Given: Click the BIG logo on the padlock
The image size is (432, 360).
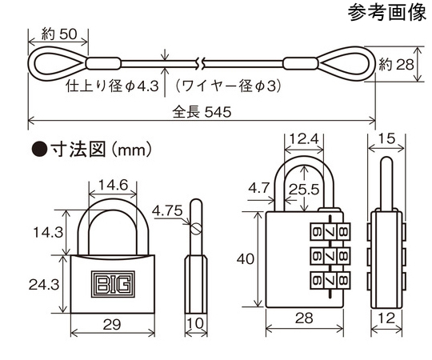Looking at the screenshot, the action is tap(113, 284).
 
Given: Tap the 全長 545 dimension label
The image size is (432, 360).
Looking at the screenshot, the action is tap(202, 112).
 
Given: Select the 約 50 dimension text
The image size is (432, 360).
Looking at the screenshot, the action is tap(59, 34).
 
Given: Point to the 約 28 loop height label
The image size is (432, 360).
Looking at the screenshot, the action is tap(396, 65).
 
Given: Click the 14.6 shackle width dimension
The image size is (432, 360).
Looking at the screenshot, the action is tap(114, 185).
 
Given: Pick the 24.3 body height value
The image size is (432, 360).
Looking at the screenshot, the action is tap(44, 284).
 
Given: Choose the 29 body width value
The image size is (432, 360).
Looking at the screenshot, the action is tap(112, 325).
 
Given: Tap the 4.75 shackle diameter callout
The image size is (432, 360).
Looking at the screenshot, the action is tap(167, 210).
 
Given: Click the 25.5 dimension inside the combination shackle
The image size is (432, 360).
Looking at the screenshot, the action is tap(304, 190).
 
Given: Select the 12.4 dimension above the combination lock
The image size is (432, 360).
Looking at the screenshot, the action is tap(304, 139).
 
